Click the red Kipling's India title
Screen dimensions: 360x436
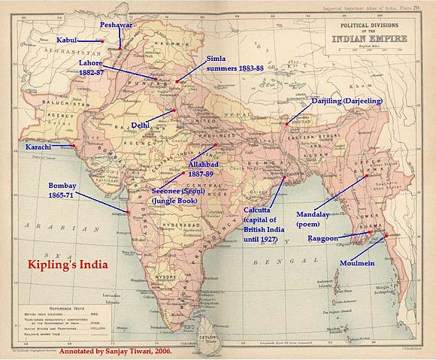[x=68, y=265]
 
